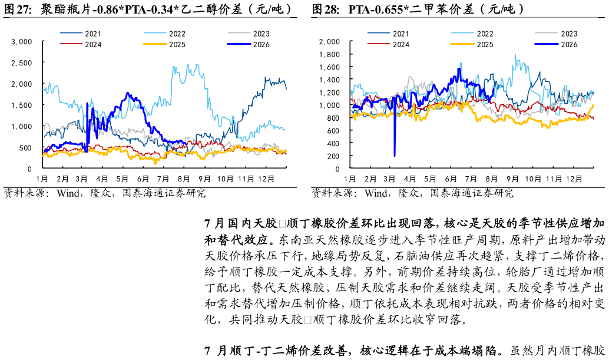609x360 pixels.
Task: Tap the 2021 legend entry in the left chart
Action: tap(81, 34)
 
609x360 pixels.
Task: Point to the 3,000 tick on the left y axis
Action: tap(22, 42)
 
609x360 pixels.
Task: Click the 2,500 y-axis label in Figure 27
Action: tap(22, 63)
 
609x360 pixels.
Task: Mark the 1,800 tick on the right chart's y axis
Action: tap(329, 54)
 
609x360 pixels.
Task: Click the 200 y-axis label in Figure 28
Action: tap(333, 156)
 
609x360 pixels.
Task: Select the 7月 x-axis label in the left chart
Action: tap(163, 179)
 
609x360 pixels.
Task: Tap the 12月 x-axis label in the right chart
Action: tap(574, 179)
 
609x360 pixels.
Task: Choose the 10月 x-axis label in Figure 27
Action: tap(225, 179)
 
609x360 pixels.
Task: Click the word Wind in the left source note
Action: tap(68, 193)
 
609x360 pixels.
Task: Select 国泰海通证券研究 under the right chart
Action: tap(472, 193)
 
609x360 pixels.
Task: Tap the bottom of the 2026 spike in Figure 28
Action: tap(395, 156)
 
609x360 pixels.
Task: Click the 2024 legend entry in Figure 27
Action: tap(81, 44)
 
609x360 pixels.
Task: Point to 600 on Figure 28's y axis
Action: tap(333, 131)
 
